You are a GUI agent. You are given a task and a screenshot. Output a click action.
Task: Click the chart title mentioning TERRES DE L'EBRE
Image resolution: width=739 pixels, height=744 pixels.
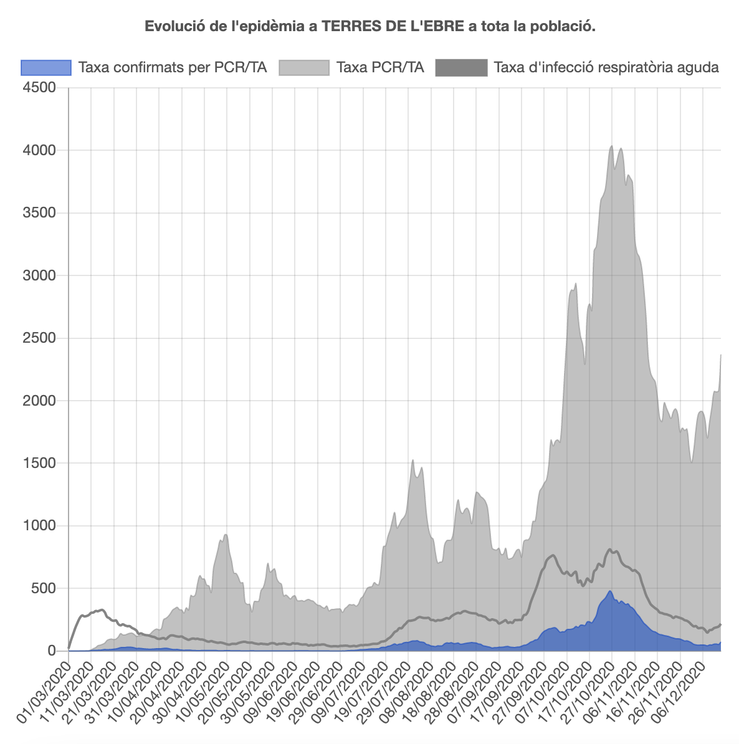tap(369, 26)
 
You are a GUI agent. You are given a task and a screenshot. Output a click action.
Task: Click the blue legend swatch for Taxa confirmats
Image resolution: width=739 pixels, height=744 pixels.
tap(46, 67)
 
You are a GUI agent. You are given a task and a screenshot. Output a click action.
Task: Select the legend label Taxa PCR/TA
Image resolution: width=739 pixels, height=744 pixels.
tap(380, 67)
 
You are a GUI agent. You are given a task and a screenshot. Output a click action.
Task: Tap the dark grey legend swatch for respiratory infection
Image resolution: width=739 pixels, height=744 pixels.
tap(461, 67)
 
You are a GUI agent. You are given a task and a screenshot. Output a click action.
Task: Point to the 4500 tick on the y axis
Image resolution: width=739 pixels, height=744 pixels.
tap(39, 88)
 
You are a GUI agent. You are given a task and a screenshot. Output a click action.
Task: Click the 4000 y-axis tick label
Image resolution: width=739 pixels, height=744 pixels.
tap(39, 150)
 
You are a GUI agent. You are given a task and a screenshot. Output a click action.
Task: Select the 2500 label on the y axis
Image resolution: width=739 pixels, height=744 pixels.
tap(39, 338)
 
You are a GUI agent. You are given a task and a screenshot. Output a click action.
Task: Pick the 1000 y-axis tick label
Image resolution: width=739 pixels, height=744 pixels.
tap(39, 526)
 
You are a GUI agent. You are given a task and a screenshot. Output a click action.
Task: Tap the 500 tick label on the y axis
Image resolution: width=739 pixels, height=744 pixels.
tap(43, 588)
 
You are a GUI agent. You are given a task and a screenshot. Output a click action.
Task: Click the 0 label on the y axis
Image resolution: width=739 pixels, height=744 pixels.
tap(52, 651)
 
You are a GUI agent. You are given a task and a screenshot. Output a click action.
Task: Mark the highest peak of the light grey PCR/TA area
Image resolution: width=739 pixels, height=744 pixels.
tap(611, 146)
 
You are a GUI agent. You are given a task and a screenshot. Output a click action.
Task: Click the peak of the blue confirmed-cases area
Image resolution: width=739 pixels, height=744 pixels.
tap(610, 591)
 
